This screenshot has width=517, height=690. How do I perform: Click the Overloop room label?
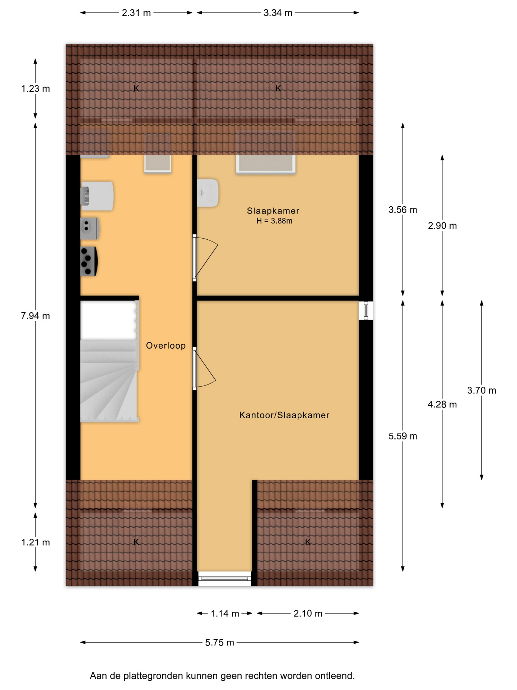(166, 346)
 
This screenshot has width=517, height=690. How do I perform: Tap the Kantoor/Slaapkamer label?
(284, 415)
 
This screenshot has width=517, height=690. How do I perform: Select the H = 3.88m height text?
(274, 221)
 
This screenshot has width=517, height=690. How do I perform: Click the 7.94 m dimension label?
(36, 316)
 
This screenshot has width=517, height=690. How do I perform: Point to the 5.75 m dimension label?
(220, 643)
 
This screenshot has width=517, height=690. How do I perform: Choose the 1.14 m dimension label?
(225, 613)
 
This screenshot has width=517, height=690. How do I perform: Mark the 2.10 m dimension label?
(308, 613)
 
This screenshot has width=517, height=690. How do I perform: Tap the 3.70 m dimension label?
(482, 390)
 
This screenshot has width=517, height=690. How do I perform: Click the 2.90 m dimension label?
(442, 226)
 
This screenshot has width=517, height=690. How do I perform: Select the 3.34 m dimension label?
(278, 13)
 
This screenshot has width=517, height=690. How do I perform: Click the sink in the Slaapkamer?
(208, 193)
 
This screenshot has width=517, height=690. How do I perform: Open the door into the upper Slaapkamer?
(205, 258)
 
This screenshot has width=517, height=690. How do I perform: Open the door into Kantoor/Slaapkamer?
(204, 369)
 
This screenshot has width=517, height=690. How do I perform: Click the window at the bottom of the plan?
(225, 579)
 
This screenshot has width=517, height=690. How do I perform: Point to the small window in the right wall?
(366, 310)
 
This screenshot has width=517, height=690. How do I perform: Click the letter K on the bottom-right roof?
(308, 542)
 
